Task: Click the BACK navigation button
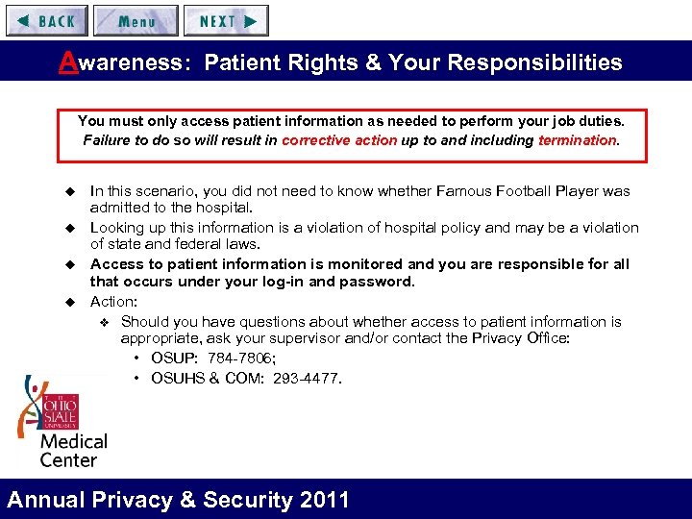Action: point(46,20)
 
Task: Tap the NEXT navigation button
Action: point(227,20)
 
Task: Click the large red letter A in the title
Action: point(67,62)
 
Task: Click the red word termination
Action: point(578,140)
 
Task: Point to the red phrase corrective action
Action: point(339,140)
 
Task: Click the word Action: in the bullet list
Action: point(113,302)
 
